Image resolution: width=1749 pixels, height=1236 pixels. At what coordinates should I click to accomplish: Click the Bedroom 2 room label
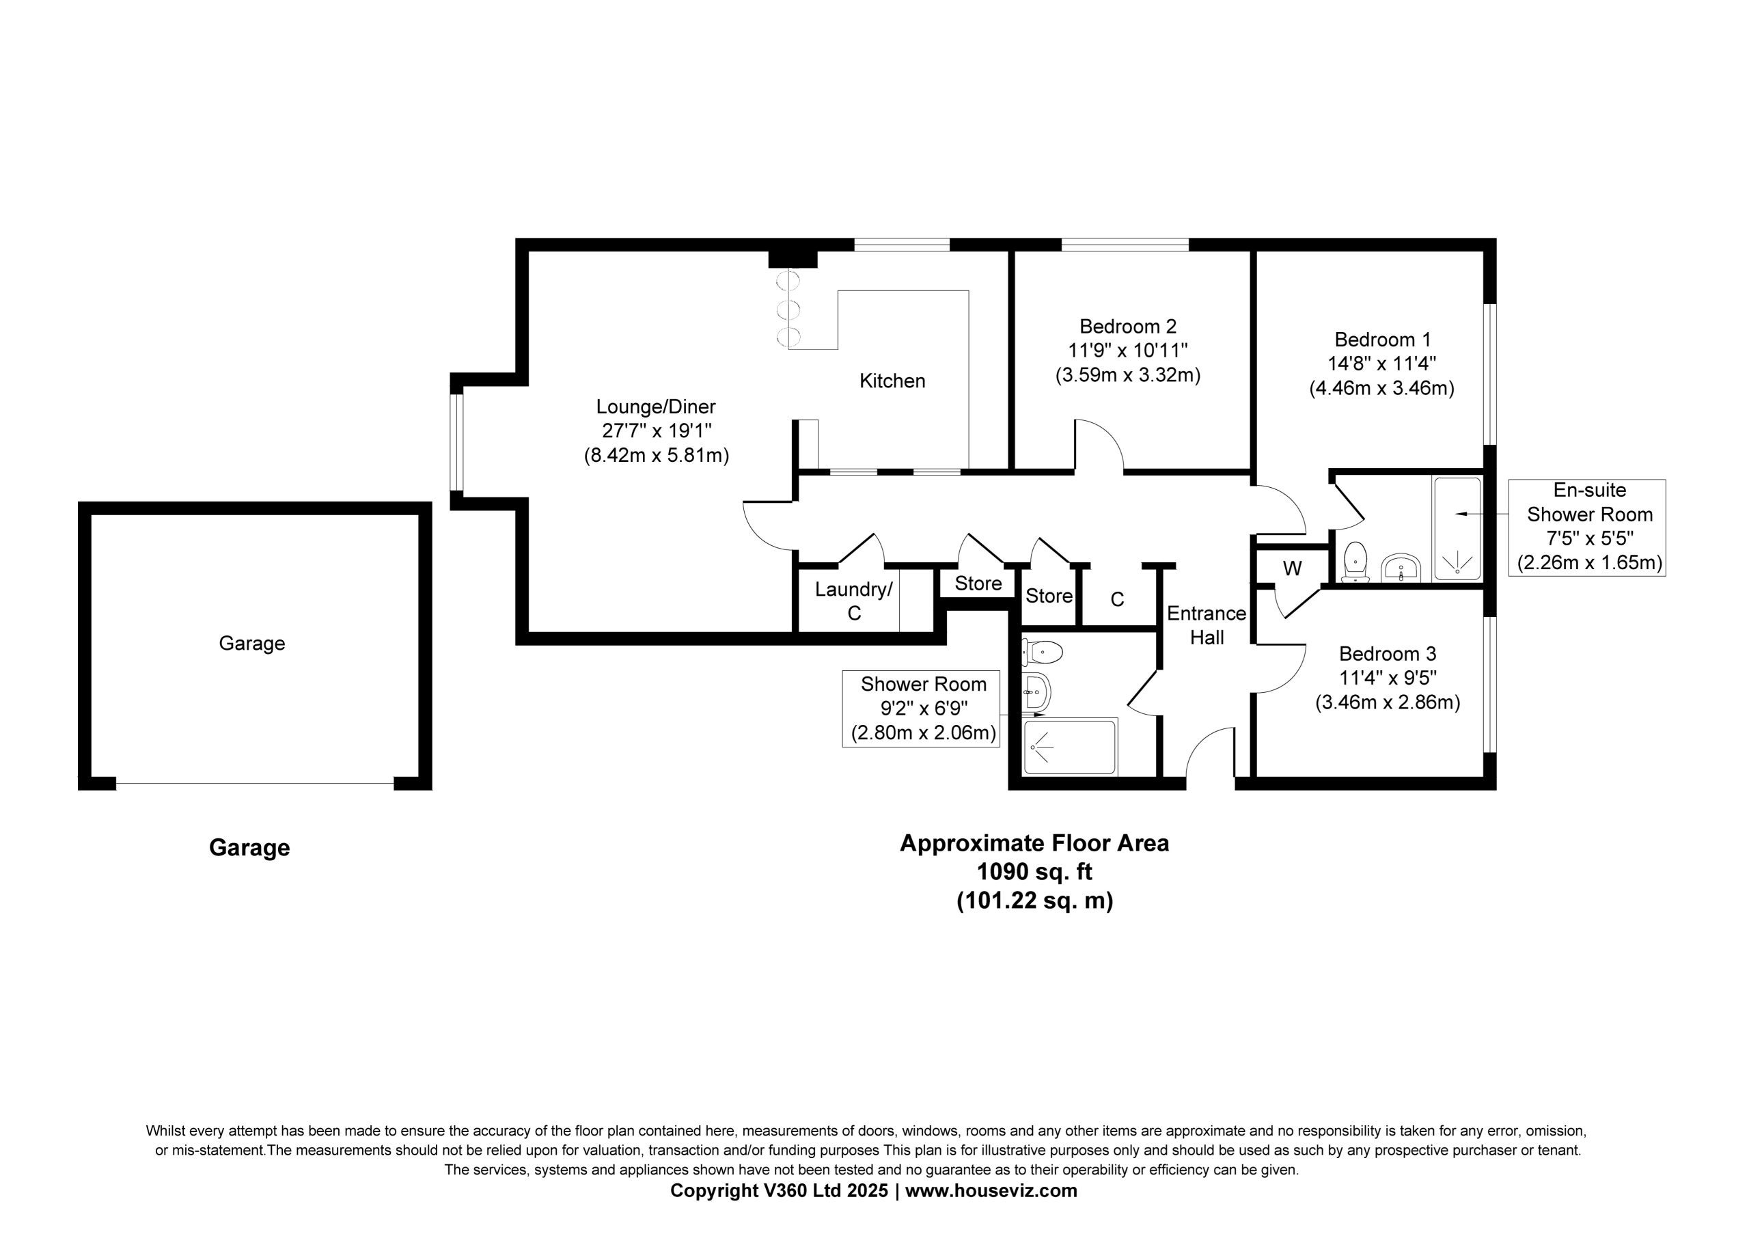tap(1127, 326)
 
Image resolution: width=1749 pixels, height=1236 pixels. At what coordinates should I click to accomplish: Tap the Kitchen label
tap(892, 381)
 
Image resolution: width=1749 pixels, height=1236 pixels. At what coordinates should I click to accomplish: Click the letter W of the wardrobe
tap(1292, 568)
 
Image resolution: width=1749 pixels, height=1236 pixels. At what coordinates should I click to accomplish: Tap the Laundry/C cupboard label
tap(854, 601)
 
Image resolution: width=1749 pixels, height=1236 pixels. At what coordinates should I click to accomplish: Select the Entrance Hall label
tap(1207, 625)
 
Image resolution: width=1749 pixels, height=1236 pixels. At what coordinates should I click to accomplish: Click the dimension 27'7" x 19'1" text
tap(656, 430)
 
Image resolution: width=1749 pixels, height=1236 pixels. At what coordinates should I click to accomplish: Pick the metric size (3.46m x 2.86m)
tap(1387, 702)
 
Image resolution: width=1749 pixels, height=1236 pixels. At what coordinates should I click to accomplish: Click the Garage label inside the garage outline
tap(252, 643)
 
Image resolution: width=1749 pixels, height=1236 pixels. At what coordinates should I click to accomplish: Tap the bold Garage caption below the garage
tap(250, 847)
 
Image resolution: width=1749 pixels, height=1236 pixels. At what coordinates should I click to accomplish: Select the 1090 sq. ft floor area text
tap(1034, 870)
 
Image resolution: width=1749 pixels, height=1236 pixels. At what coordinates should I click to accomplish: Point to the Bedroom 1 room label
tap(1383, 339)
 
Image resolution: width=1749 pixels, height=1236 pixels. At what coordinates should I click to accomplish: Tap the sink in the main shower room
tap(1036, 691)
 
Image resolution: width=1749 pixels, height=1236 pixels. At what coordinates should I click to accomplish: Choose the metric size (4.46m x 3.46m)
tap(1382, 388)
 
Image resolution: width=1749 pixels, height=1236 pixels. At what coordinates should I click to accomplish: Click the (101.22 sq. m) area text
tap(1034, 901)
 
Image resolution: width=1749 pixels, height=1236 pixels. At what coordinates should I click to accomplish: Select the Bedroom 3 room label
tap(1388, 653)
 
